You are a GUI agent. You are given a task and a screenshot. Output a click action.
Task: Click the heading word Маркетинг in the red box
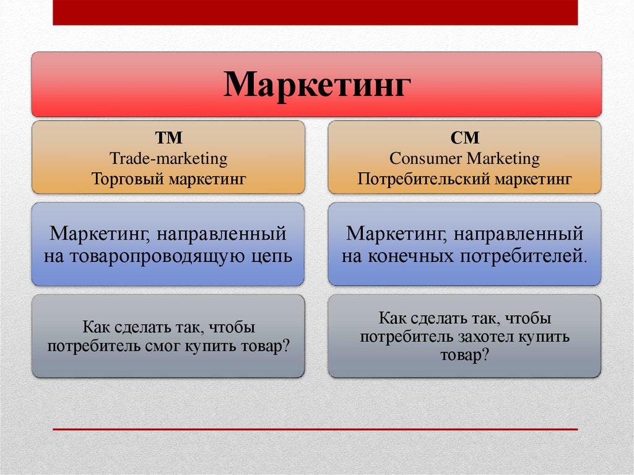click(x=318, y=85)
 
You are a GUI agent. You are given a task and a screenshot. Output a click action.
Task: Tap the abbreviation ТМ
click(x=168, y=138)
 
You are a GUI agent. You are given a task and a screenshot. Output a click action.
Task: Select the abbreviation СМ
click(x=464, y=138)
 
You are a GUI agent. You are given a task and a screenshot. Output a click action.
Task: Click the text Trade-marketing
click(x=168, y=158)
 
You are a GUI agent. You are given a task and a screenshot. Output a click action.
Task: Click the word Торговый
click(x=128, y=178)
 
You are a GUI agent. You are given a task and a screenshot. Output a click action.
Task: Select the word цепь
click(x=272, y=257)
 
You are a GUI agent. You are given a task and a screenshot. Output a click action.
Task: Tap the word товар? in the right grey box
click(x=464, y=355)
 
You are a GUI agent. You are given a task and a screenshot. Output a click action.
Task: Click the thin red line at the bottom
click(x=315, y=429)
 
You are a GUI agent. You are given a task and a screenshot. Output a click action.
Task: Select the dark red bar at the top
click(x=315, y=12)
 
